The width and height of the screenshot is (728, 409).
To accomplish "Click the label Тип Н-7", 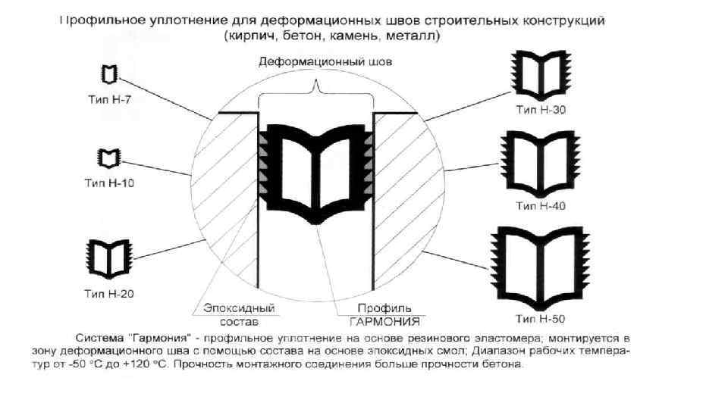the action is click(111, 98).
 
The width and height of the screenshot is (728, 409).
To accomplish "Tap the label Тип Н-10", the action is click(111, 182).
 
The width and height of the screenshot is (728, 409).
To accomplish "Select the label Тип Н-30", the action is click(541, 110).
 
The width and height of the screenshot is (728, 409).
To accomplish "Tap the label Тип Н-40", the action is click(541, 205).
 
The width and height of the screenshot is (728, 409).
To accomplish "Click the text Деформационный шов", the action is click(326, 64).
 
